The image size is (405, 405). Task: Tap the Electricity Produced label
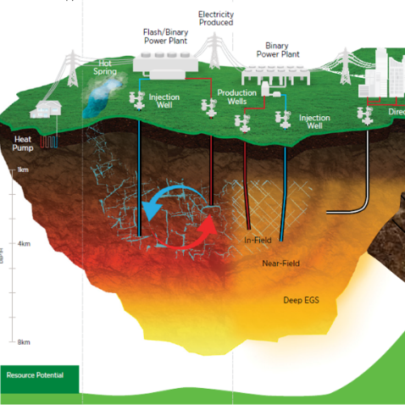coord(215,19)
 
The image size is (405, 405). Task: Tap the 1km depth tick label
coord(24,170)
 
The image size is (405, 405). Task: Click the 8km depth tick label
coord(24,342)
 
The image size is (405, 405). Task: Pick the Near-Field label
coord(280,264)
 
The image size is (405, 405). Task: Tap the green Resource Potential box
coord(39,374)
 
